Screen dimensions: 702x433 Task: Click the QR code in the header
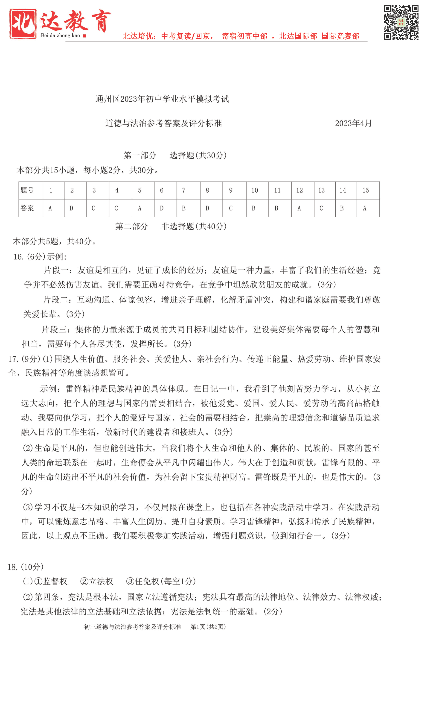point(401,22)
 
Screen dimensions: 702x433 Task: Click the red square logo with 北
point(23,23)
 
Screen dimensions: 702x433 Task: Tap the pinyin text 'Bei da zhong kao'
point(60,35)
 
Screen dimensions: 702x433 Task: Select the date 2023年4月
point(353,123)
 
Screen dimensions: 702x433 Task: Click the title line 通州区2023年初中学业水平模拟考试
point(162,99)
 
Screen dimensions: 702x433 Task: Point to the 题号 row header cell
point(31,190)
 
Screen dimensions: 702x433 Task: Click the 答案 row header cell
point(31,208)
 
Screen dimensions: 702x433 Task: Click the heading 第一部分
point(140,155)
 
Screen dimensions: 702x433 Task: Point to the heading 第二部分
point(132,226)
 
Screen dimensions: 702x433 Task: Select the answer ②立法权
point(97,581)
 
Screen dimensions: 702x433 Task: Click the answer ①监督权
point(51,581)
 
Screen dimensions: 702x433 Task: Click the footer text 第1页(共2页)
point(208,627)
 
